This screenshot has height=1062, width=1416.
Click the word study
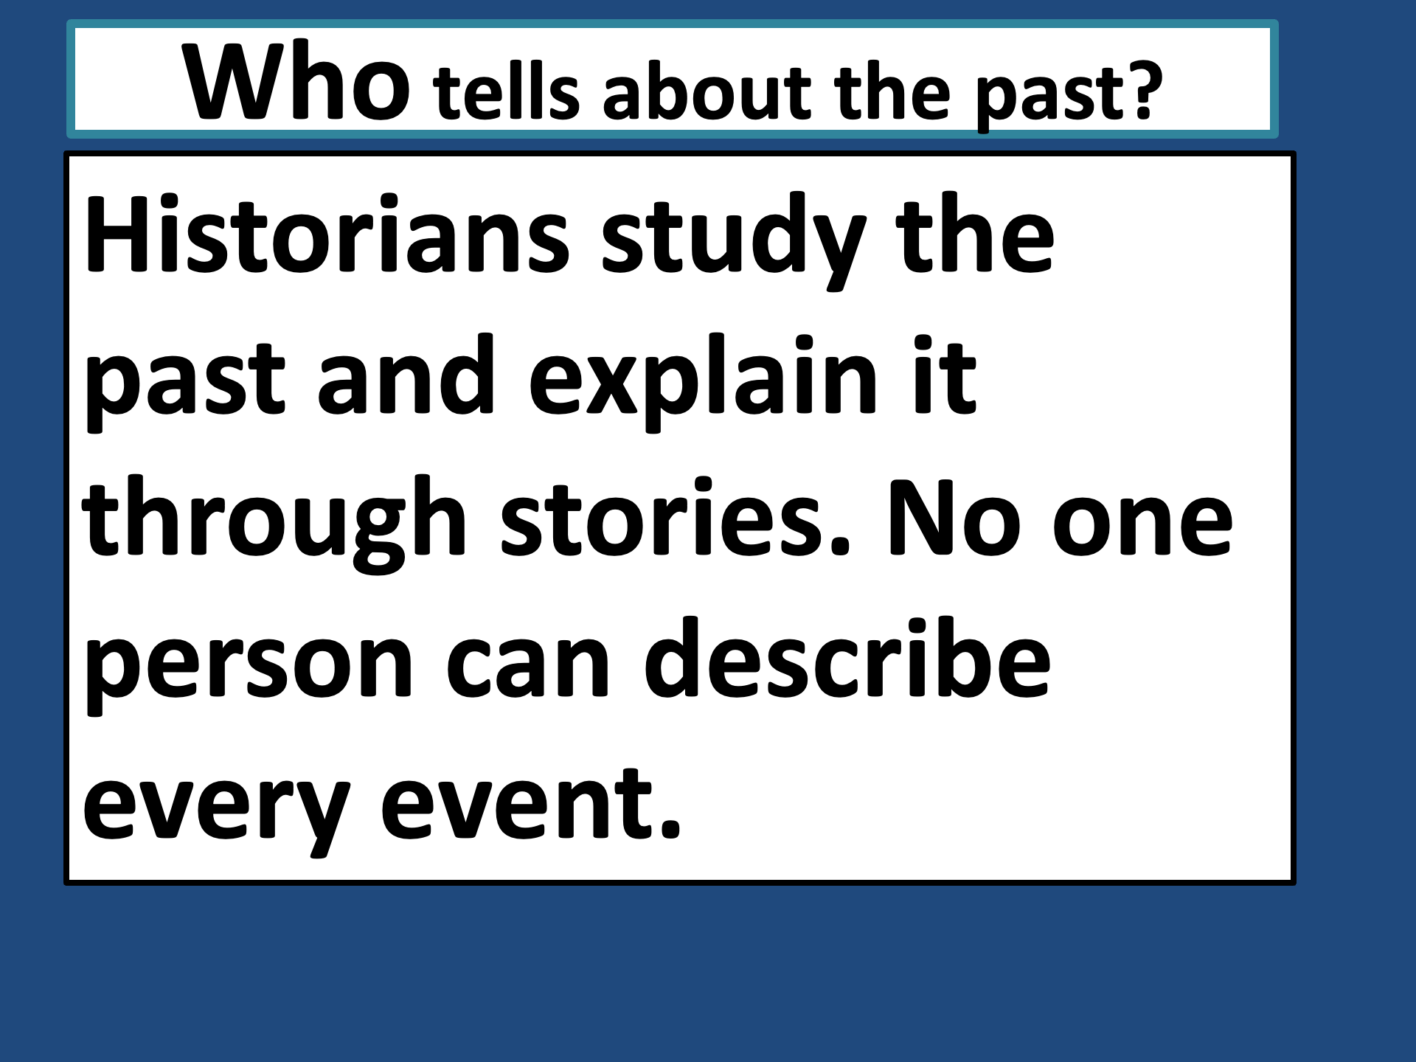(734, 239)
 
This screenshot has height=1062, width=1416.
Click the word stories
(667, 519)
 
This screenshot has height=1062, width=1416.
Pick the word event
(517, 805)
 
